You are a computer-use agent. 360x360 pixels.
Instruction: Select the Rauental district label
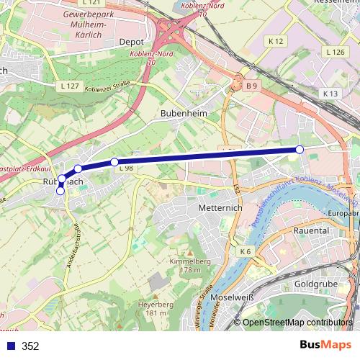(x=311, y=230)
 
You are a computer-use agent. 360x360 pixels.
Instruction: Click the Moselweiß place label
(x=232, y=297)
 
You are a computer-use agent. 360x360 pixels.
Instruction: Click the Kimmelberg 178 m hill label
(x=185, y=265)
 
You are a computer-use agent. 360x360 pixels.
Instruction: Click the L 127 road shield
(x=70, y=86)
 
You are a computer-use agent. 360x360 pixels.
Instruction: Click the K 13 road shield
(x=330, y=94)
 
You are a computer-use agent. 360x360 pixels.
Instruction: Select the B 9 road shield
(x=251, y=86)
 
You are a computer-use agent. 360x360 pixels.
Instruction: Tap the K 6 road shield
(x=246, y=251)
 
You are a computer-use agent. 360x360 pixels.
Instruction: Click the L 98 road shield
(x=125, y=168)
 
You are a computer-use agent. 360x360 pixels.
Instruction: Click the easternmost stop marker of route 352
(x=300, y=149)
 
